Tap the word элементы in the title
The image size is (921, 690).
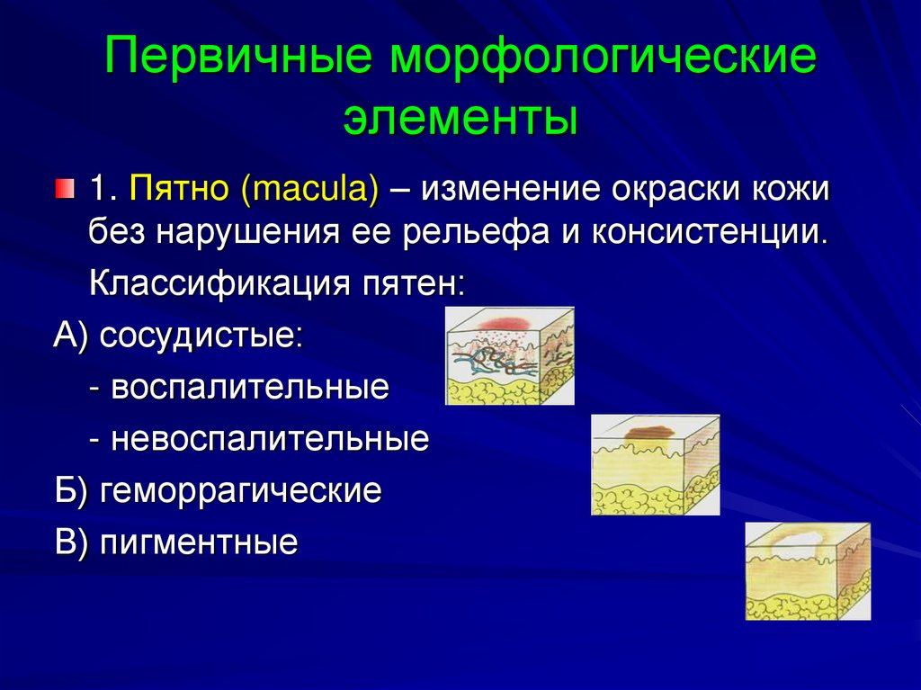(x=460, y=119)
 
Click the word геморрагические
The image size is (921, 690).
(x=241, y=491)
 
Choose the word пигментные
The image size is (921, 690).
(x=199, y=542)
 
